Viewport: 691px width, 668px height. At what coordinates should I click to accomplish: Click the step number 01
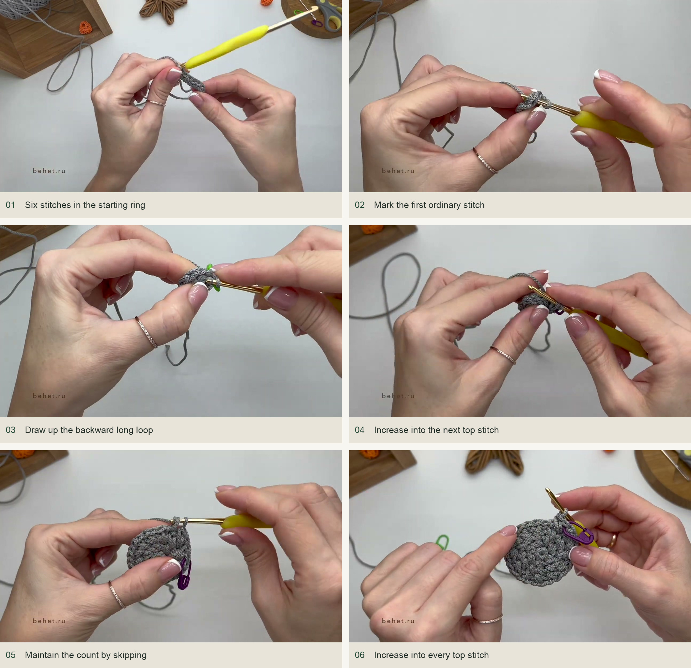coord(10,205)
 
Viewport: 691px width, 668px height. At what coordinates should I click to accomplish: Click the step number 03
coord(10,430)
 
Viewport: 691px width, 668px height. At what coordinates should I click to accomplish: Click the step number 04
coord(359,430)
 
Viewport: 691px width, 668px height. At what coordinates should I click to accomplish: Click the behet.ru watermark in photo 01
coord(49,171)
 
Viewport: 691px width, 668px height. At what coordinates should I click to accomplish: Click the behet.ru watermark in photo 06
coord(398,621)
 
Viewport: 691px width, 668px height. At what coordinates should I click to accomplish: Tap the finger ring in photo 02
coord(485,161)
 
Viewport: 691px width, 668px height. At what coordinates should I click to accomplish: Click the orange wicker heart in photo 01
coord(85,27)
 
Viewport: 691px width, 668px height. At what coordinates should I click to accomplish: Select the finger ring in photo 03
coord(147,332)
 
